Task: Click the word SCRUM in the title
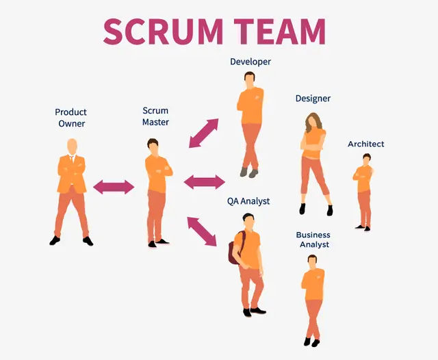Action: pyautogui.click(x=162, y=31)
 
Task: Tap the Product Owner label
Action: pyautogui.click(x=71, y=118)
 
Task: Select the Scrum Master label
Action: pyautogui.click(x=155, y=116)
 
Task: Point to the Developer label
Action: pyautogui.click(x=250, y=62)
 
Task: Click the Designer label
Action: pyautogui.click(x=313, y=99)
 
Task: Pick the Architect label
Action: pyautogui.click(x=366, y=144)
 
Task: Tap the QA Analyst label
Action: pyautogui.click(x=248, y=201)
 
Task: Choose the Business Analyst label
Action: pyautogui.click(x=313, y=240)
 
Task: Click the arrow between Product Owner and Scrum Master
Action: pyautogui.click(x=114, y=186)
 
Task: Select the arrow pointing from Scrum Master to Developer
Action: pyautogui.click(x=203, y=133)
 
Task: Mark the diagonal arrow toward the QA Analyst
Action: pyautogui.click(x=202, y=231)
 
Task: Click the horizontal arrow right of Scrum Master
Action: pyautogui.click(x=204, y=181)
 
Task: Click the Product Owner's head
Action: pyautogui.click(x=71, y=147)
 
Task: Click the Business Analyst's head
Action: pyautogui.click(x=313, y=261)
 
